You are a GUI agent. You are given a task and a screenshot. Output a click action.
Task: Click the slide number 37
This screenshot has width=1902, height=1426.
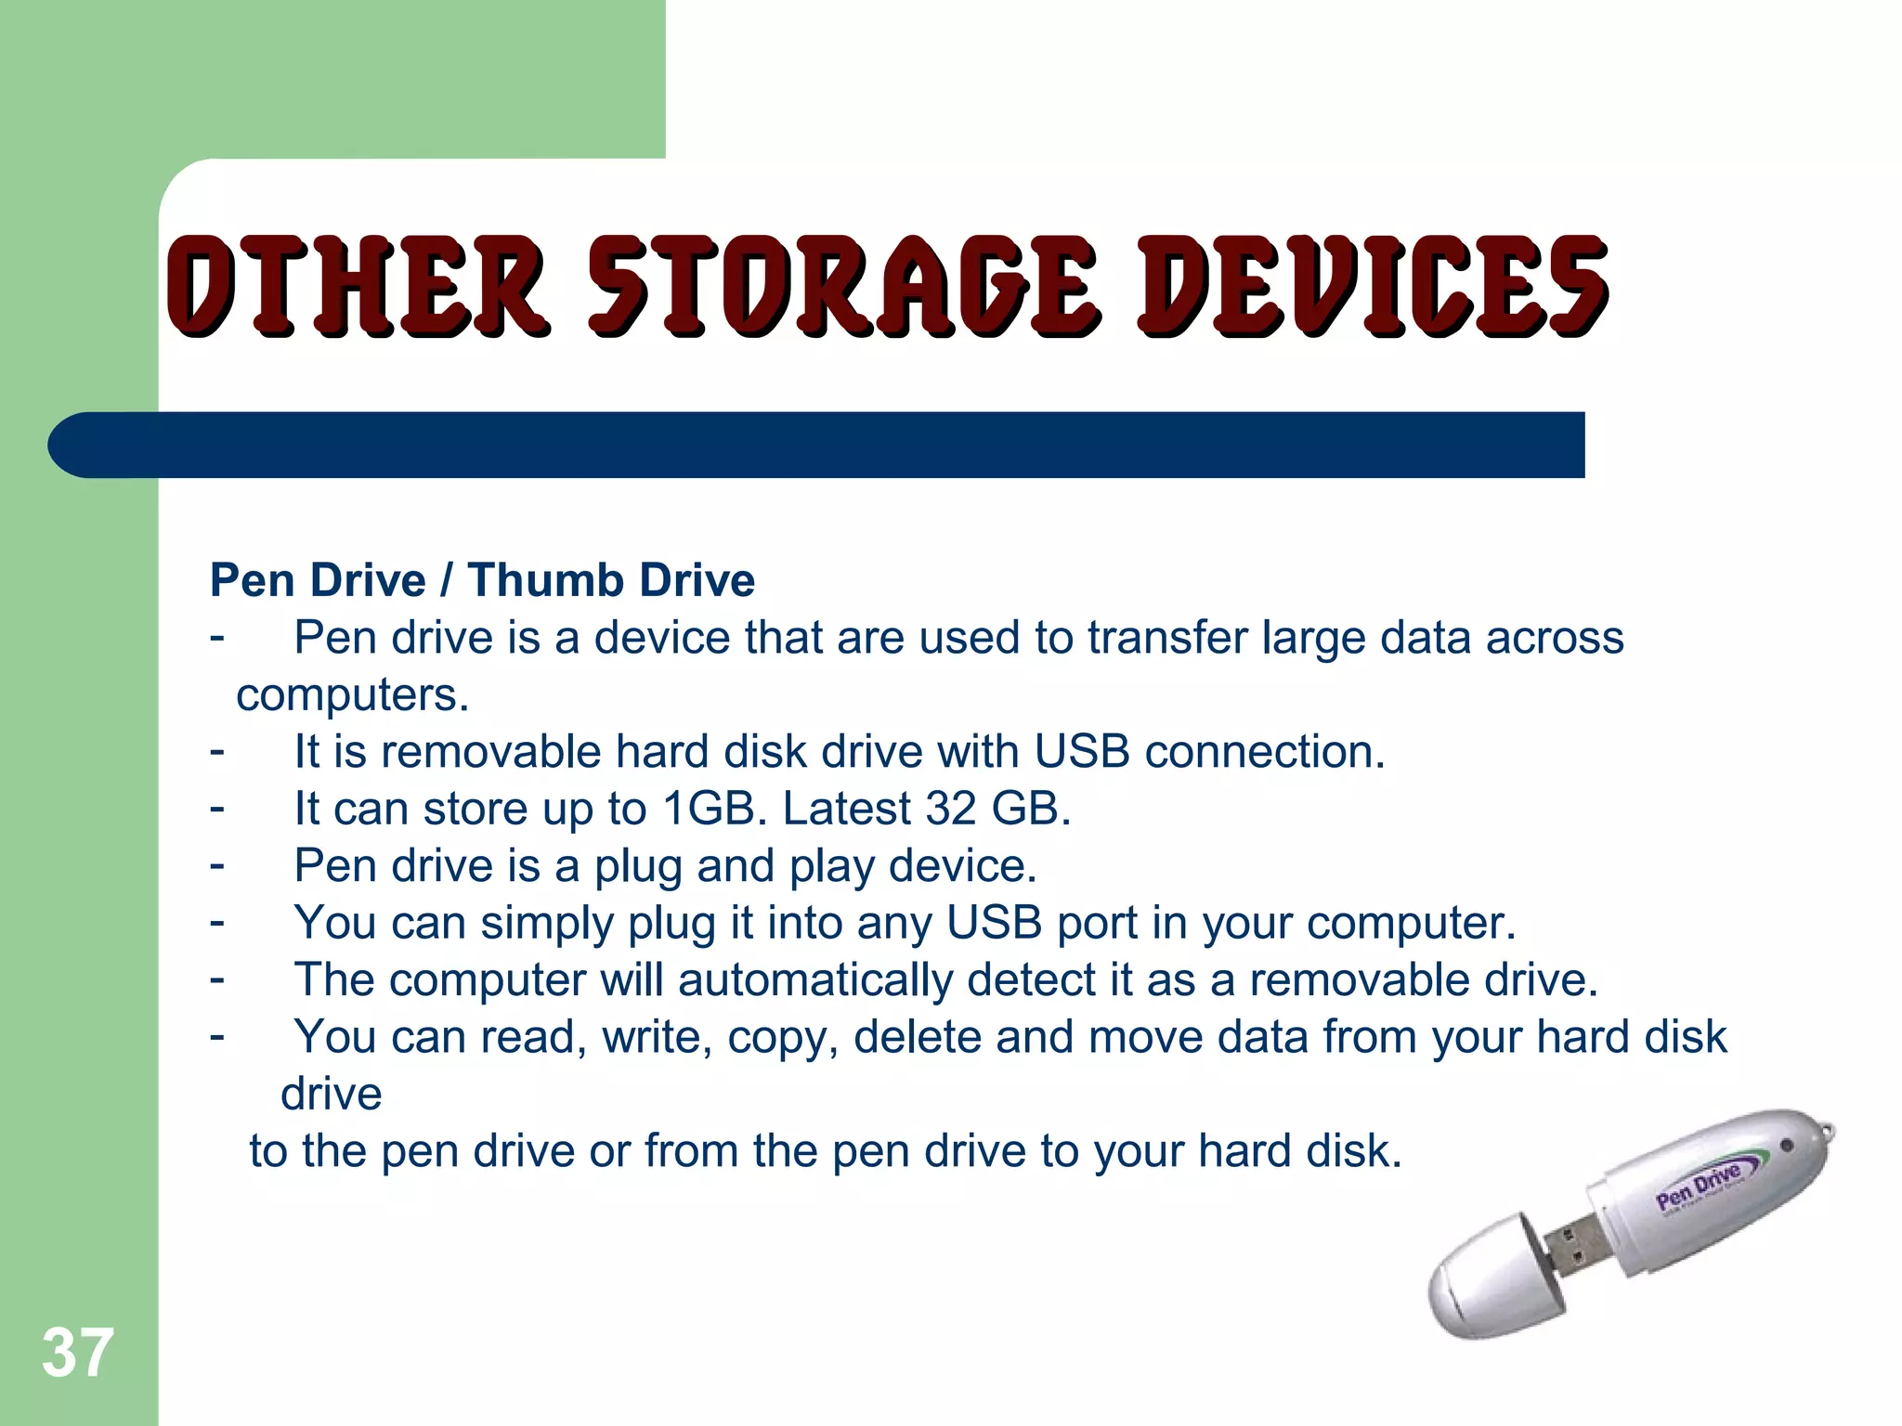click(78, 1354)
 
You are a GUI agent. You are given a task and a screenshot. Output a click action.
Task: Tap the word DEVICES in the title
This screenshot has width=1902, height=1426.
click(1373, 285)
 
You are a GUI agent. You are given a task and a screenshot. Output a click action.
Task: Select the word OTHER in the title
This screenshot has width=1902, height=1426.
click(358, 285)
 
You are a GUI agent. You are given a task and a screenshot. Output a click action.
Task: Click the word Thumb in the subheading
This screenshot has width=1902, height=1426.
click(544, 580)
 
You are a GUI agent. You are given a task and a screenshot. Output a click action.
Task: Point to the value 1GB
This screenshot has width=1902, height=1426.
click(714, 809)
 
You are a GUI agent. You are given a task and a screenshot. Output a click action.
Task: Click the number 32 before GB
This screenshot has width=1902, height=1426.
click(950, 809)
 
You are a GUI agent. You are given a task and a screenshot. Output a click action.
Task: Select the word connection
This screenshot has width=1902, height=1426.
click(1264, 752)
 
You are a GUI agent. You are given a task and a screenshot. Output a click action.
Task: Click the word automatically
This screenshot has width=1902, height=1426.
click(814, 980)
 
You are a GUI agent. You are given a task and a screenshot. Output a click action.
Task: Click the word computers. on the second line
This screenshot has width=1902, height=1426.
click(353, 695)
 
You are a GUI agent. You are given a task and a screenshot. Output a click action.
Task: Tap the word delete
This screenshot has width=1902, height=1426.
click(917, 1037)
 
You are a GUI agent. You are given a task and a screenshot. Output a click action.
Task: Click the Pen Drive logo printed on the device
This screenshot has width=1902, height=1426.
click(1700, 1186)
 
